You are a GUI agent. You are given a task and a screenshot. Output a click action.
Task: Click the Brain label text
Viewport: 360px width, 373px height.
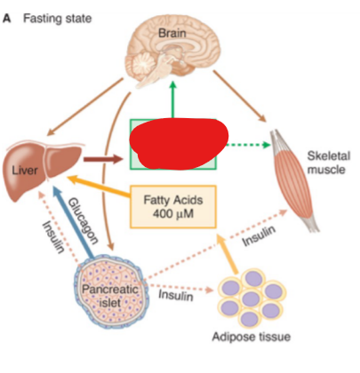[x=172, y=33]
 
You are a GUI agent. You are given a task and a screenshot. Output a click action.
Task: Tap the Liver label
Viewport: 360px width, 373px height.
[x=25, y=171]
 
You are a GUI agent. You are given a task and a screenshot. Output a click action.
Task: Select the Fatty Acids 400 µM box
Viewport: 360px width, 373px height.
[x=173, y=207]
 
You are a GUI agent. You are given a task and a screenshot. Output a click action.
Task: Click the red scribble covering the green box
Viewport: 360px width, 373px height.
[x=179, y=144]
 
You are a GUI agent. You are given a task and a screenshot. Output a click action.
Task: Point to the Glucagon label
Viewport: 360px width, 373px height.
[x=84, y=221]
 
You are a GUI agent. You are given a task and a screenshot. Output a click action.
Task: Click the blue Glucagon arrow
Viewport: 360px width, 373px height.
[x=74, y=222]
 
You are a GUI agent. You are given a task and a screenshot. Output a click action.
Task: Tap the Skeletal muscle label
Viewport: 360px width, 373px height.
[x=328, y=163]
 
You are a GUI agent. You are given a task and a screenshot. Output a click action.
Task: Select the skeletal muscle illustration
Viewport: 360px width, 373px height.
[x=293, y=179]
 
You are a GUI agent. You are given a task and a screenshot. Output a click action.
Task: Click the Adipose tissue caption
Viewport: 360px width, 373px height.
[x=252, y=337]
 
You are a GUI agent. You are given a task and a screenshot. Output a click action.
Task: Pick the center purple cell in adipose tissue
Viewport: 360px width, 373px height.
[x=251, y=298]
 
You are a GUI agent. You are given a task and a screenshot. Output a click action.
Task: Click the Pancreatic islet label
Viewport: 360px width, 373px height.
[x=110, y=296]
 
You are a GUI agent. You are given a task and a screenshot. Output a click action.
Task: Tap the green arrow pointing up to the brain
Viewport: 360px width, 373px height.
[x=172, y=99]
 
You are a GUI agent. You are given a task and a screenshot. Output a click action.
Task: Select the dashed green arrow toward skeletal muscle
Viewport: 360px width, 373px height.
[x=248, y=145]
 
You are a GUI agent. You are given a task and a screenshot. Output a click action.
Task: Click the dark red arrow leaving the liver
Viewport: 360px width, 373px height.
[x=103, y=160]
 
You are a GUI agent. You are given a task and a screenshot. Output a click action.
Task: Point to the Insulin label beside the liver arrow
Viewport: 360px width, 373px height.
[x=53, y=237]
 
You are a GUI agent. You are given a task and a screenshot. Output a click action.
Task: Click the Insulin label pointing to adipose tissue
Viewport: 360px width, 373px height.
[x=176, y=296]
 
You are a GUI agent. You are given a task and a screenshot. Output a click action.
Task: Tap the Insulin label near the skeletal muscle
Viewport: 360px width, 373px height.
[x=259, y=235]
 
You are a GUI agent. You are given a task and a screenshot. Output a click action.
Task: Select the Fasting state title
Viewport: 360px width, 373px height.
[x=58, y=19]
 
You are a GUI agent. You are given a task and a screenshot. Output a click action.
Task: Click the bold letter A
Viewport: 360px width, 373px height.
[x=6, y=19]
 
